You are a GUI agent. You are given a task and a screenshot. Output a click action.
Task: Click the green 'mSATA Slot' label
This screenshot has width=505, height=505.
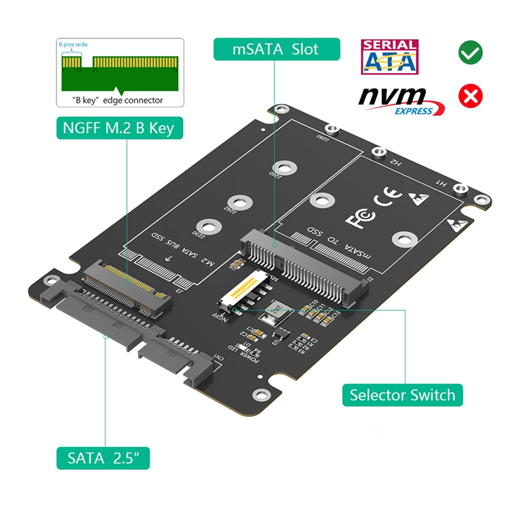[276, 49]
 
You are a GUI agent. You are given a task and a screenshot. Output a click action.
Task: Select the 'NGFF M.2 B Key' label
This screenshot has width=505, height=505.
[120, 128]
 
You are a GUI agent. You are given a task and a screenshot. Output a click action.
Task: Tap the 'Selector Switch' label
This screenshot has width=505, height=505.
[402, 395]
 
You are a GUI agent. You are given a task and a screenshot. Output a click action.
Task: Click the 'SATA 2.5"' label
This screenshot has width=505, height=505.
[103, 458]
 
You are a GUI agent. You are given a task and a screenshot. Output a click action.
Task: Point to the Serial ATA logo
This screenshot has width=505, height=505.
[389, 57]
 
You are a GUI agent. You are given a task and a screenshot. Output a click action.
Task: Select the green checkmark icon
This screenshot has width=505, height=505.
[470, 53]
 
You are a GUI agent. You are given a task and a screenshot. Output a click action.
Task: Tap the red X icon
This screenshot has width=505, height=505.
[470, 96]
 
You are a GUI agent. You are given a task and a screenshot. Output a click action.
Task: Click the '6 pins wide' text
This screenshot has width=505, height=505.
[73, 45]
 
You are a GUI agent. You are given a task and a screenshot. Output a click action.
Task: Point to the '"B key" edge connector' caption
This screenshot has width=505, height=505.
[118, 100]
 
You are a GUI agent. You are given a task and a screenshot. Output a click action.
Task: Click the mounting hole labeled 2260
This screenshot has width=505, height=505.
[285, 168]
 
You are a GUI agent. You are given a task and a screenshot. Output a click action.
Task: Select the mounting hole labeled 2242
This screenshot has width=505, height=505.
[240, 203]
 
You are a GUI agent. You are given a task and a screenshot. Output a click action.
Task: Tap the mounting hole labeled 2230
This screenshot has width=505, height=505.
[209, 227]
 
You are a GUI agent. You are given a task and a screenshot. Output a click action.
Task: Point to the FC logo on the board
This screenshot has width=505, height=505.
[360, 218]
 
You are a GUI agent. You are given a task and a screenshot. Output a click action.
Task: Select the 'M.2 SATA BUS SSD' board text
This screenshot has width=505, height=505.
[183, 249]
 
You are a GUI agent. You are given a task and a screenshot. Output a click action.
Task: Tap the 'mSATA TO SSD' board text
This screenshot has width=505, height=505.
[339, 243]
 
